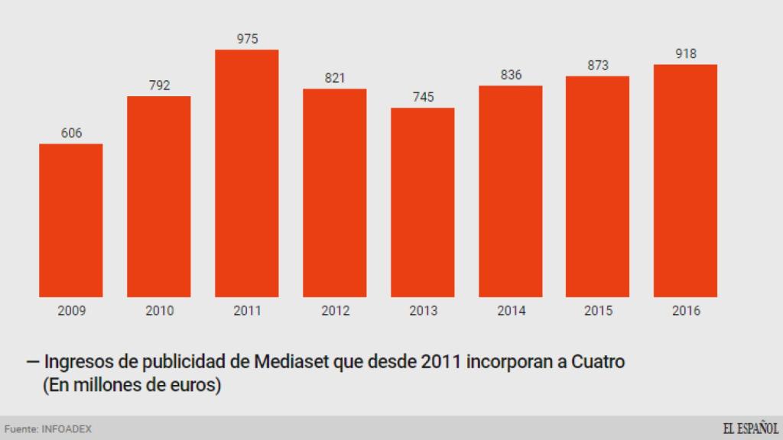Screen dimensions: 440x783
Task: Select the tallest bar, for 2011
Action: [246, 173]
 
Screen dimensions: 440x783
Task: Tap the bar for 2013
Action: [422, 202]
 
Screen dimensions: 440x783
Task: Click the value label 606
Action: [71, 133]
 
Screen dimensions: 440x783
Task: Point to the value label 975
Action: [247, 38]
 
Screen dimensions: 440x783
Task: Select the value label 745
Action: [423, 97]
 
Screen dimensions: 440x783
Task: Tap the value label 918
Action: [686, 53]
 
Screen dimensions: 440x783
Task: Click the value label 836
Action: [511, 75]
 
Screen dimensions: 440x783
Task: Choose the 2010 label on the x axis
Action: [159, 311]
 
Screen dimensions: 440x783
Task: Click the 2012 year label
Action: [335, 311]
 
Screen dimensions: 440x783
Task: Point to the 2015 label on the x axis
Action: [598, 311]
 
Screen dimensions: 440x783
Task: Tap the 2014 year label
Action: [511, 311]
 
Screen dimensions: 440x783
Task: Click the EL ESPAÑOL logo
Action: [750, 428]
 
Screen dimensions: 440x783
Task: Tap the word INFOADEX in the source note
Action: [67, 429]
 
